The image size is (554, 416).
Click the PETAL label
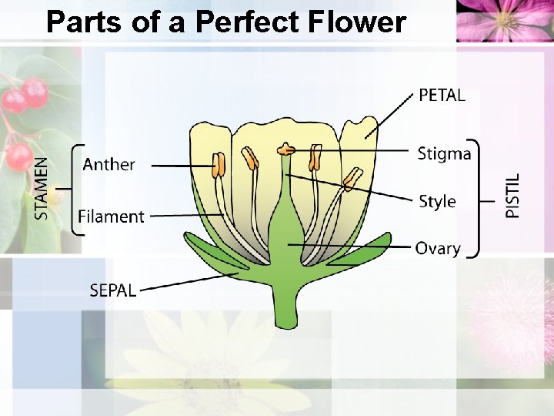(x=442, y=96)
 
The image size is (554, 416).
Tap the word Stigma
(x=444, y=154)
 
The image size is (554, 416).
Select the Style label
(x=437, y=202)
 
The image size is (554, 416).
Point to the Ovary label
(x=438, y=248)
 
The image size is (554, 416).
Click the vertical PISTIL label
(x=512, y=195)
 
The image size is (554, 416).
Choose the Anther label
(x=108, y=164)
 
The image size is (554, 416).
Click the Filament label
(x=111, y=216)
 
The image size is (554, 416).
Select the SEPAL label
(x=113, y=290)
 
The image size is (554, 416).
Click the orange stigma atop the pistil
(x=286, y=148)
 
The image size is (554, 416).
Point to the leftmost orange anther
(x=219, y=164)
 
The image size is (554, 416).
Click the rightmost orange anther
(x=352, y=180)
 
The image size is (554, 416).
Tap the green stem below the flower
(x=286, y=308)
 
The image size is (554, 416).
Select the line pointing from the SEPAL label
(x=189, y=282)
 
